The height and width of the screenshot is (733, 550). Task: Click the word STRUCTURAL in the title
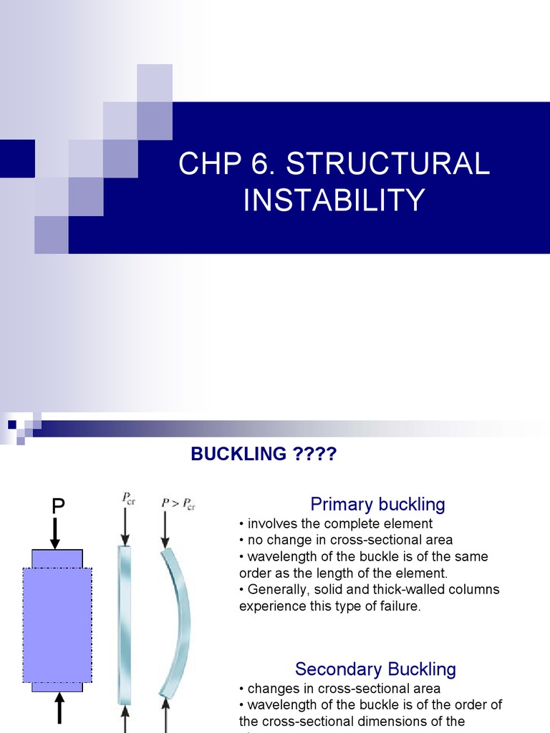click(388, 164)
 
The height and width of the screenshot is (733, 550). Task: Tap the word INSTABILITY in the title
click(334, 200)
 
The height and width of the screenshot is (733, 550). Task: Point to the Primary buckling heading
click(377, 504)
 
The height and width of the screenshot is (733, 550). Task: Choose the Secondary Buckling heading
click(375, 669)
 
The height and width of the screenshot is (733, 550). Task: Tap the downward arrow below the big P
click(57, 533)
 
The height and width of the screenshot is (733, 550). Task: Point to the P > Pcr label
click(177, 505)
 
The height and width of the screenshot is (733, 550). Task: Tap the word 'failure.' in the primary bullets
click(420, 606)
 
